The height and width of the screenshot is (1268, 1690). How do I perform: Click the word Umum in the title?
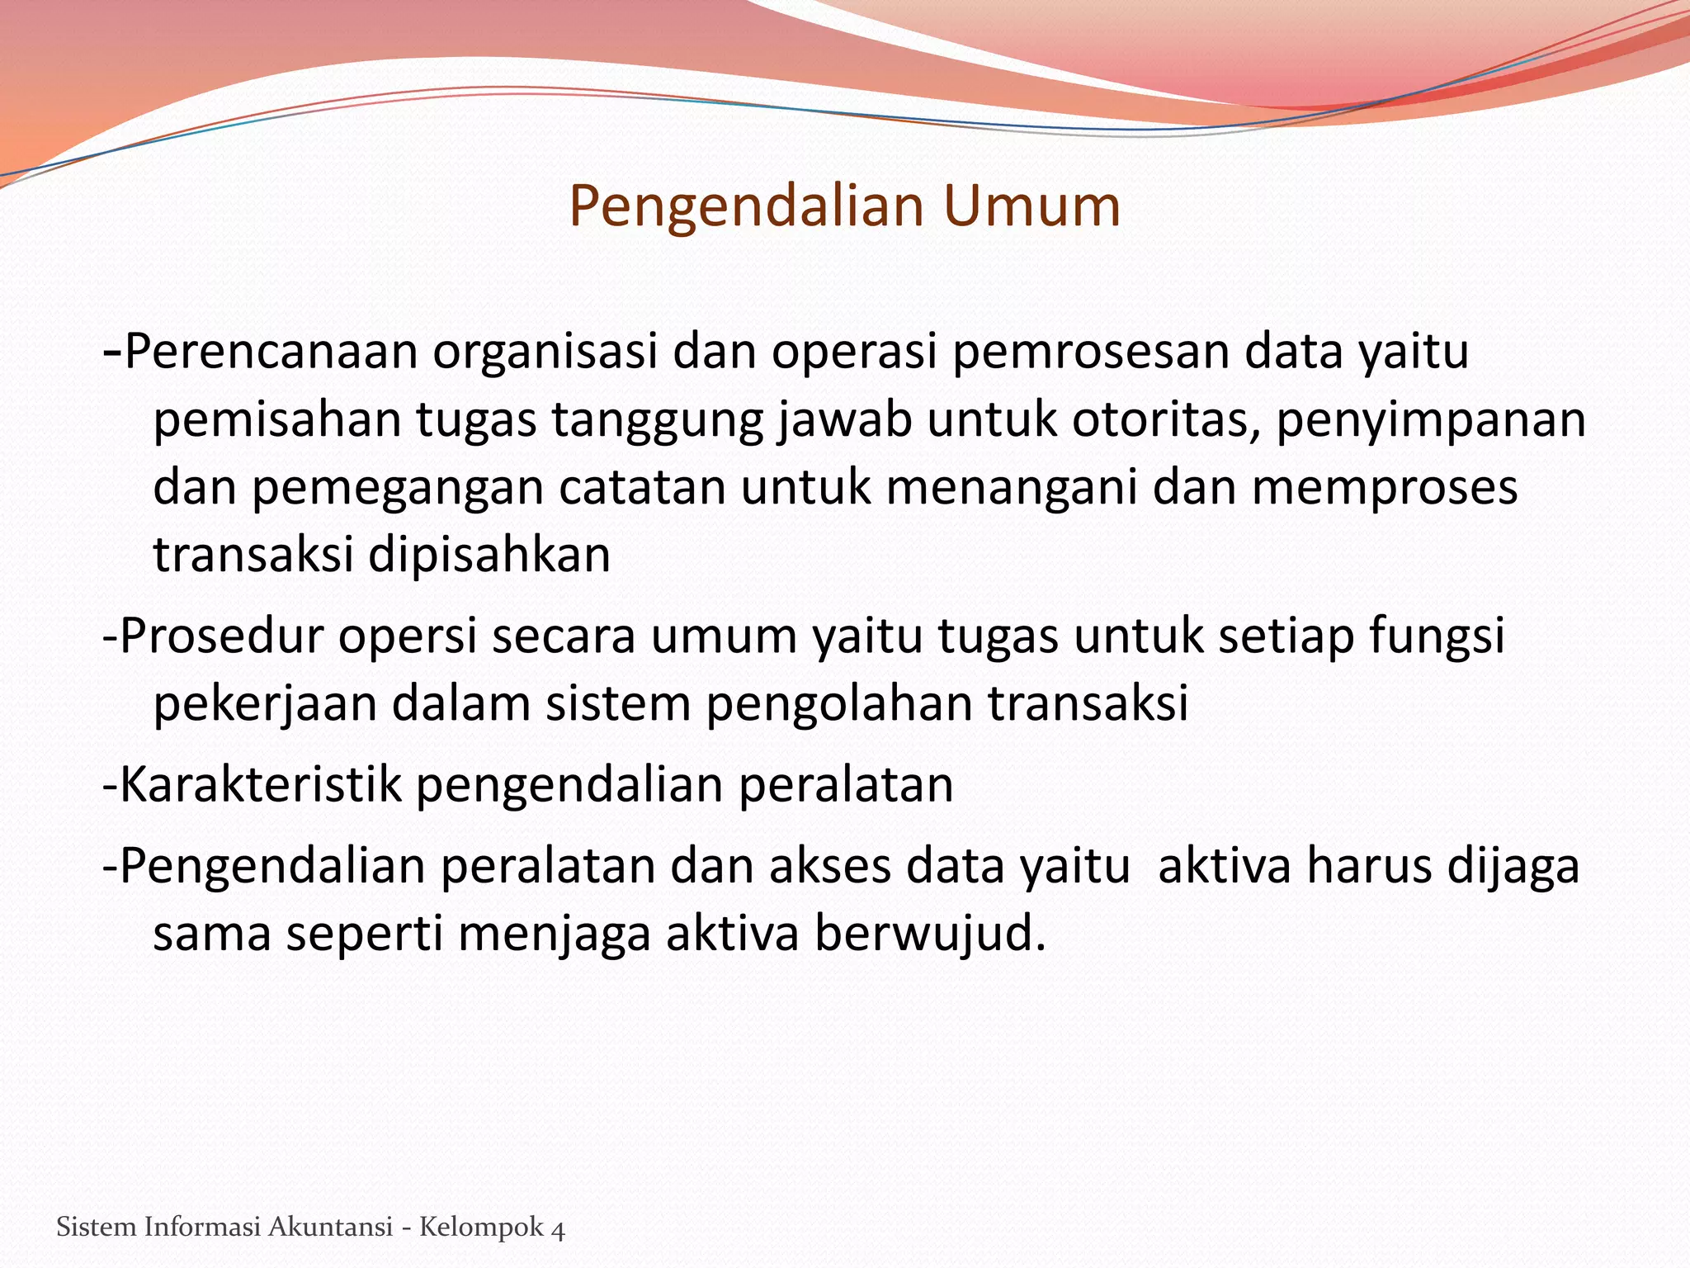click(x=1032, y=206)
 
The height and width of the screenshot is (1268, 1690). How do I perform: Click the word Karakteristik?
click(x=260, y=785)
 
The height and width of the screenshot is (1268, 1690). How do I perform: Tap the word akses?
click(x=829, y=868)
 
